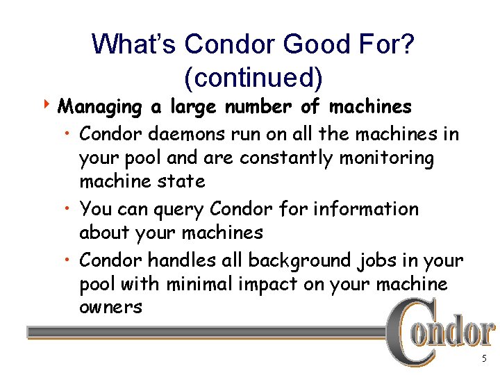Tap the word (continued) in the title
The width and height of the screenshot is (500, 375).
click(253, 77)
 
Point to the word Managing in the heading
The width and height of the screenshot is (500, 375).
click(101, 108)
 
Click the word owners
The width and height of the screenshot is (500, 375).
click(110, 307)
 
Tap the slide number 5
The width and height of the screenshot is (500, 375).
click(484, 359)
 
